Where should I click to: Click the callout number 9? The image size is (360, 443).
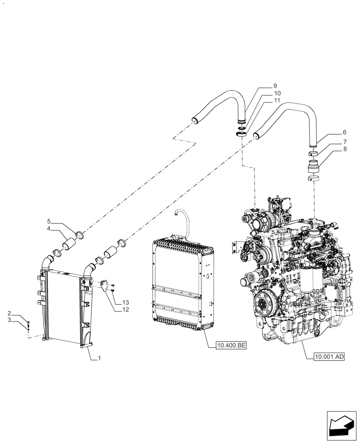275,85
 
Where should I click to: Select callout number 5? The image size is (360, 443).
50,221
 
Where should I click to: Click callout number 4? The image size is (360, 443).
50,229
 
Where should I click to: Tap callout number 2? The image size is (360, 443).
9,314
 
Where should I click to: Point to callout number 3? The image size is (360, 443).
9,321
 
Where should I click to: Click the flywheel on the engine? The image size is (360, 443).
265,305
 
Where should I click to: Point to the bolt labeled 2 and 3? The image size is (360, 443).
28,326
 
